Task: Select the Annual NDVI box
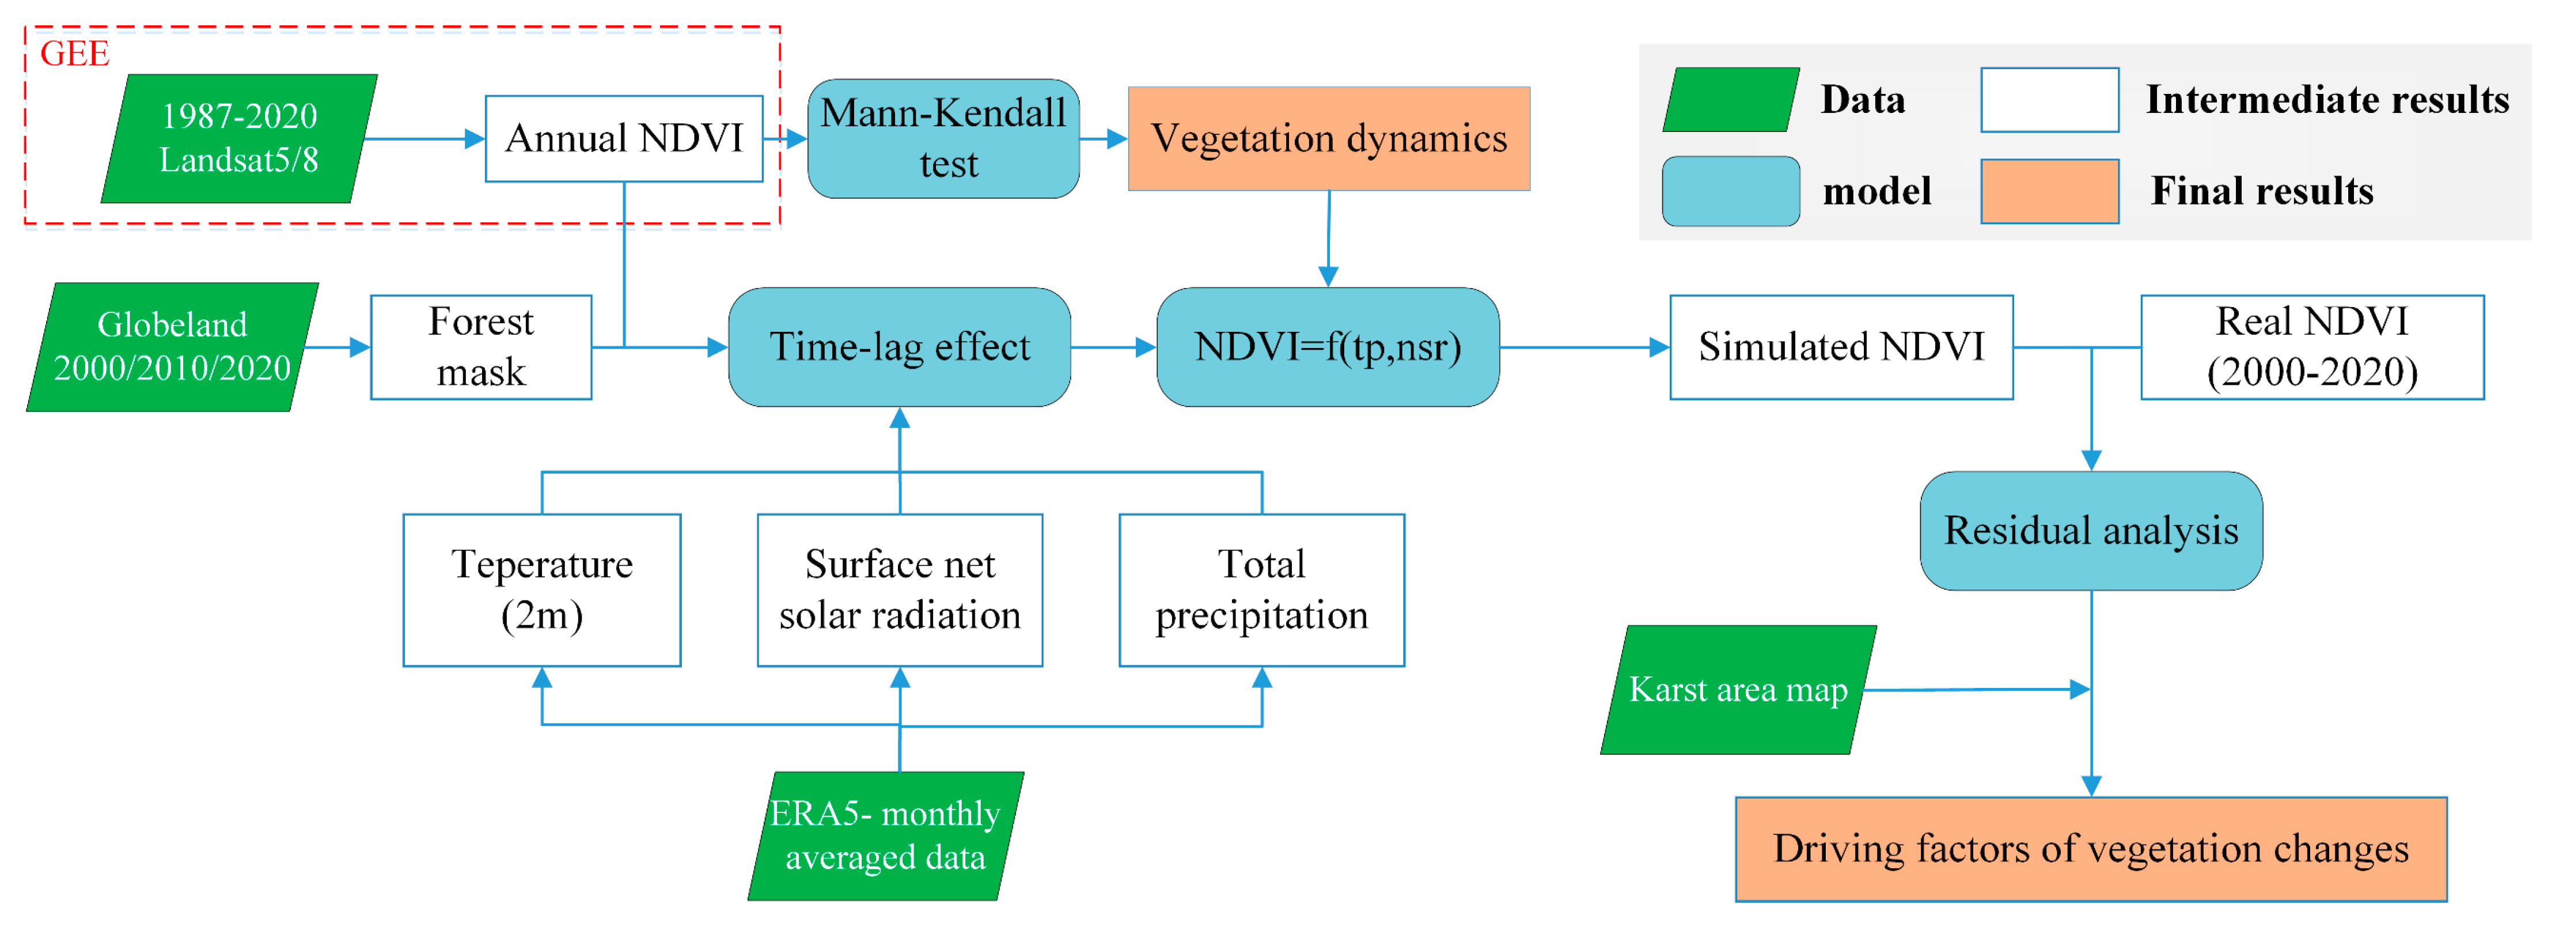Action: (624, 138)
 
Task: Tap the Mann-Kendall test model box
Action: (944, 138)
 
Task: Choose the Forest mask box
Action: (481, 347)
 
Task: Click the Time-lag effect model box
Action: (899, 347)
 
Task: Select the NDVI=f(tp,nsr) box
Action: (1328, 347)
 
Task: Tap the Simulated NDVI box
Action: (1841, 347)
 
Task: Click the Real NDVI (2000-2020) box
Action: (2312, 347)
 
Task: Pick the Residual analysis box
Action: (2091, 531)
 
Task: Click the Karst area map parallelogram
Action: (1738, 690)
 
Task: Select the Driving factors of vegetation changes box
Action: (2091, 849)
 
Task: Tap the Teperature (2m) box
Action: (541, 590)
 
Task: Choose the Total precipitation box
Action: (1261, 590)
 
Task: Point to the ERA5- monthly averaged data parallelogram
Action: (886, 835)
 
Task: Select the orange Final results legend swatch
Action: (2049, 191)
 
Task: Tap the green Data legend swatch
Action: (1731, 99)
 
